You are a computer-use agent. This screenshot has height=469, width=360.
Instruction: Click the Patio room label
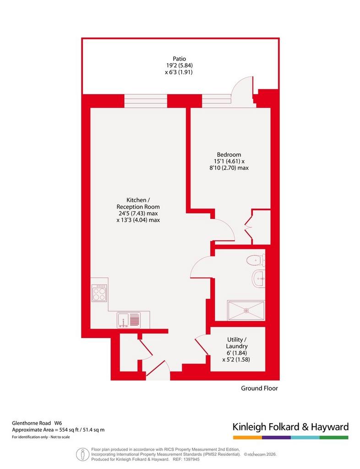180,59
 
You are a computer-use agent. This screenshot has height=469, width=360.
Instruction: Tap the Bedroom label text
229,155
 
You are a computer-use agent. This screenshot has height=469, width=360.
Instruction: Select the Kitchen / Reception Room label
138,203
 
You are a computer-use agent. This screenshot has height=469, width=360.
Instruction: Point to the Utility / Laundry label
237,343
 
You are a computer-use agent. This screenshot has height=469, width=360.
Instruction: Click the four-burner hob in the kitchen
99,293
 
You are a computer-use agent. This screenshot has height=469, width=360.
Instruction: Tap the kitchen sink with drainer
129,320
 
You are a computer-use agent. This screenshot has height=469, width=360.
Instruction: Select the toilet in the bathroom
256,260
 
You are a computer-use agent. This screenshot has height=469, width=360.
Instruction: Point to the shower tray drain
246,311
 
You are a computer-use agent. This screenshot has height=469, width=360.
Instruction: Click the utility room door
202,346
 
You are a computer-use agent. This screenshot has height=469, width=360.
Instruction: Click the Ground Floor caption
260,388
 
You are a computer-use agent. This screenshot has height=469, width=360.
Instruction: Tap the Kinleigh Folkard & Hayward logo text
291,427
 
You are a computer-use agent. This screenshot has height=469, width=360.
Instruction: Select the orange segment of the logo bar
248,437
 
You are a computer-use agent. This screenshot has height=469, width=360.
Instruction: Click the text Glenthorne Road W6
37,423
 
